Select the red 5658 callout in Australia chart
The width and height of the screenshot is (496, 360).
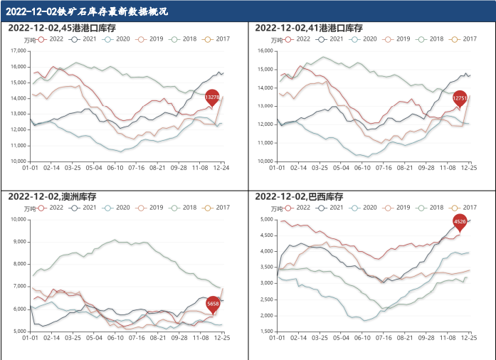(x=213, y=305)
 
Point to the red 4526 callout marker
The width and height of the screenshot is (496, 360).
(x=460, y=222)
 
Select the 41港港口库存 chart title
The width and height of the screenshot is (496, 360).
(x=308, y=28)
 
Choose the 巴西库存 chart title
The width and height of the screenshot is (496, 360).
(x=300, y=196)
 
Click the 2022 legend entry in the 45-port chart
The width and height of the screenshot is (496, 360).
(x=51, y=39)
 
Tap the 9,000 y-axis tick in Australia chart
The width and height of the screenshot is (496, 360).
(x=19, y=242)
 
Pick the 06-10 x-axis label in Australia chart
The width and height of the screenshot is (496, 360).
(x=115, y=338)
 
